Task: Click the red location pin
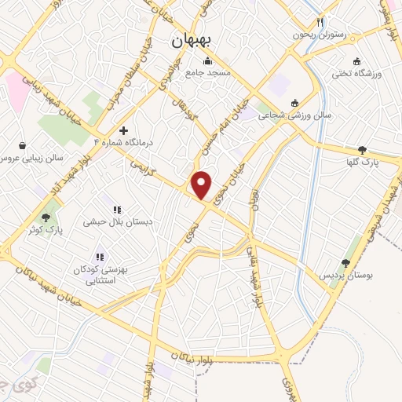pos(202,185)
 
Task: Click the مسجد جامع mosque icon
pos(207,62)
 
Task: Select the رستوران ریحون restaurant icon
pos(319,23)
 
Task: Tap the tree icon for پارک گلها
pos(361,150)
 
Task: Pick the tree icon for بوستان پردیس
pos(345,264)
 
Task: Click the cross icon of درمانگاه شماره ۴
pos(123,130)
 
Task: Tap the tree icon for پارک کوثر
pos(46,217)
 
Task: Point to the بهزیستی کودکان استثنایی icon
pos(99,256)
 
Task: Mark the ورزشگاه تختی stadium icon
pos(356,62)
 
